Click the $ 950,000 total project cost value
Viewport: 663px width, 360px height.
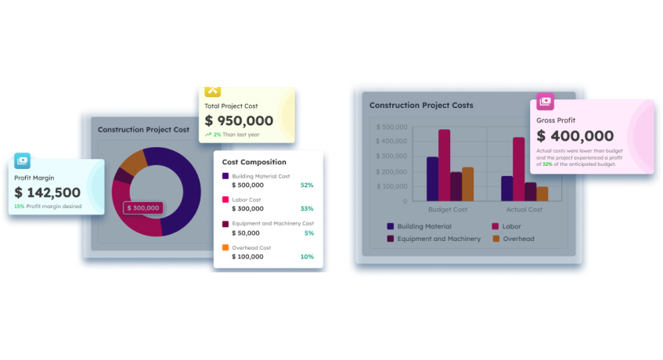tap(239, 121)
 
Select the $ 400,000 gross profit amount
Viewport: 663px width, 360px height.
tap(575, 135)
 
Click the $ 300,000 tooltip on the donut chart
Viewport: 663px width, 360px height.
tap(143, 208)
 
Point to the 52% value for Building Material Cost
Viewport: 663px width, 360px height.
tap(307, 185)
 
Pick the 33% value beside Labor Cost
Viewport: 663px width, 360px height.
tap(307, 209)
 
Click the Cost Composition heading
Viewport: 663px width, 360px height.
tap(254, 162)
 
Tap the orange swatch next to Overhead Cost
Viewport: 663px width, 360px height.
tap(225, 247)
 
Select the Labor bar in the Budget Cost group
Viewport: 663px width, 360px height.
tap(445, 165)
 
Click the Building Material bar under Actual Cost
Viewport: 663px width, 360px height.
tap(507, 189)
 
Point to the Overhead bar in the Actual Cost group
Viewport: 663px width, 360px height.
tap(542, 193)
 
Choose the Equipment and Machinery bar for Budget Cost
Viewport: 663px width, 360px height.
tap(456, 186)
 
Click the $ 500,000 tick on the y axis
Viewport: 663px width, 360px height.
tap(391, 127)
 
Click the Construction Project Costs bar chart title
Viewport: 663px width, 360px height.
tap(421, 105)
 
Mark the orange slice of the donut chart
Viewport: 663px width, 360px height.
tap(133, 163)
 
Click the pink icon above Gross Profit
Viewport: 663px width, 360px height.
tap(545, 102)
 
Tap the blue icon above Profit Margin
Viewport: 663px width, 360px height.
tap(23, 160)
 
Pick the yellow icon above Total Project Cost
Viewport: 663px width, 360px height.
tap(213, 91)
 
